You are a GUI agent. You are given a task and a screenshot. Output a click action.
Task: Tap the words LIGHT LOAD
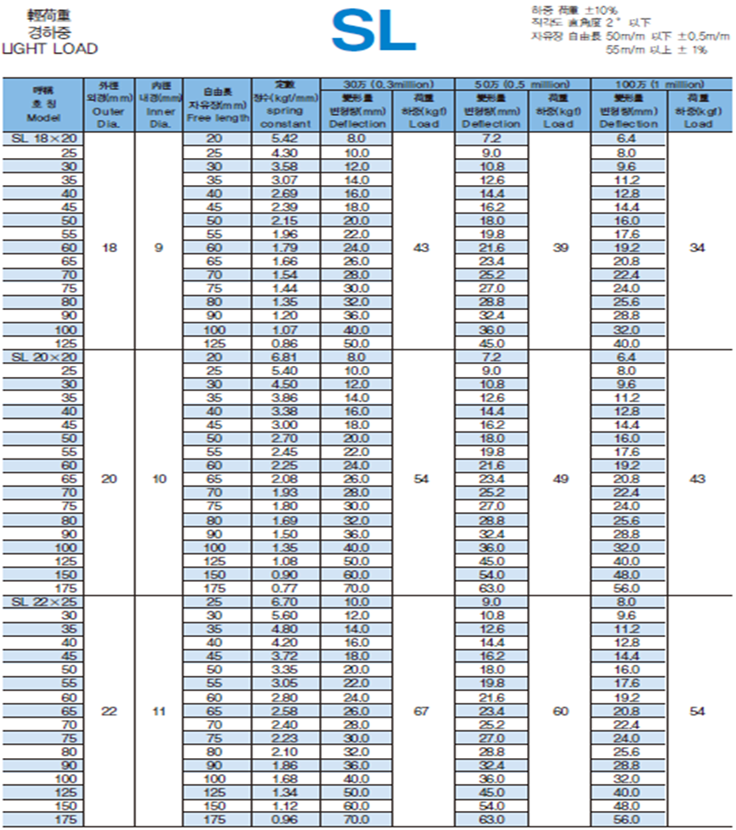[50, 48]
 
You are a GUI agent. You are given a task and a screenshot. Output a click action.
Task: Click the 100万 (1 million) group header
[662, 84]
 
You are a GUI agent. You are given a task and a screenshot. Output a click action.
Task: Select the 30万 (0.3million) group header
[387, 84]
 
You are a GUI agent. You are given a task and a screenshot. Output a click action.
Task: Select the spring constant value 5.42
[285, 138]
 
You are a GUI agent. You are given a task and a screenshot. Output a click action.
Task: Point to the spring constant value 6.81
[285, 357]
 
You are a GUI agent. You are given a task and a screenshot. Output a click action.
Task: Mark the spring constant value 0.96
[285, 820]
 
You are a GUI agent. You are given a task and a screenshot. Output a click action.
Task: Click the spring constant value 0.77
[285, 588]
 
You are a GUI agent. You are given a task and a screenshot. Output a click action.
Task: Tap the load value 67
[422, 711]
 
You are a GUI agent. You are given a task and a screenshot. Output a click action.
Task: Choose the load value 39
[560, 247]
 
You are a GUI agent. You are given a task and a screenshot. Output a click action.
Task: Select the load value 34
[697, 247]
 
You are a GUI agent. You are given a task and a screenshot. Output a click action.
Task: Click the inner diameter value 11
[159, 711]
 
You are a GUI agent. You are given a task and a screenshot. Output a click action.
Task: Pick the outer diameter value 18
[109, 247]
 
